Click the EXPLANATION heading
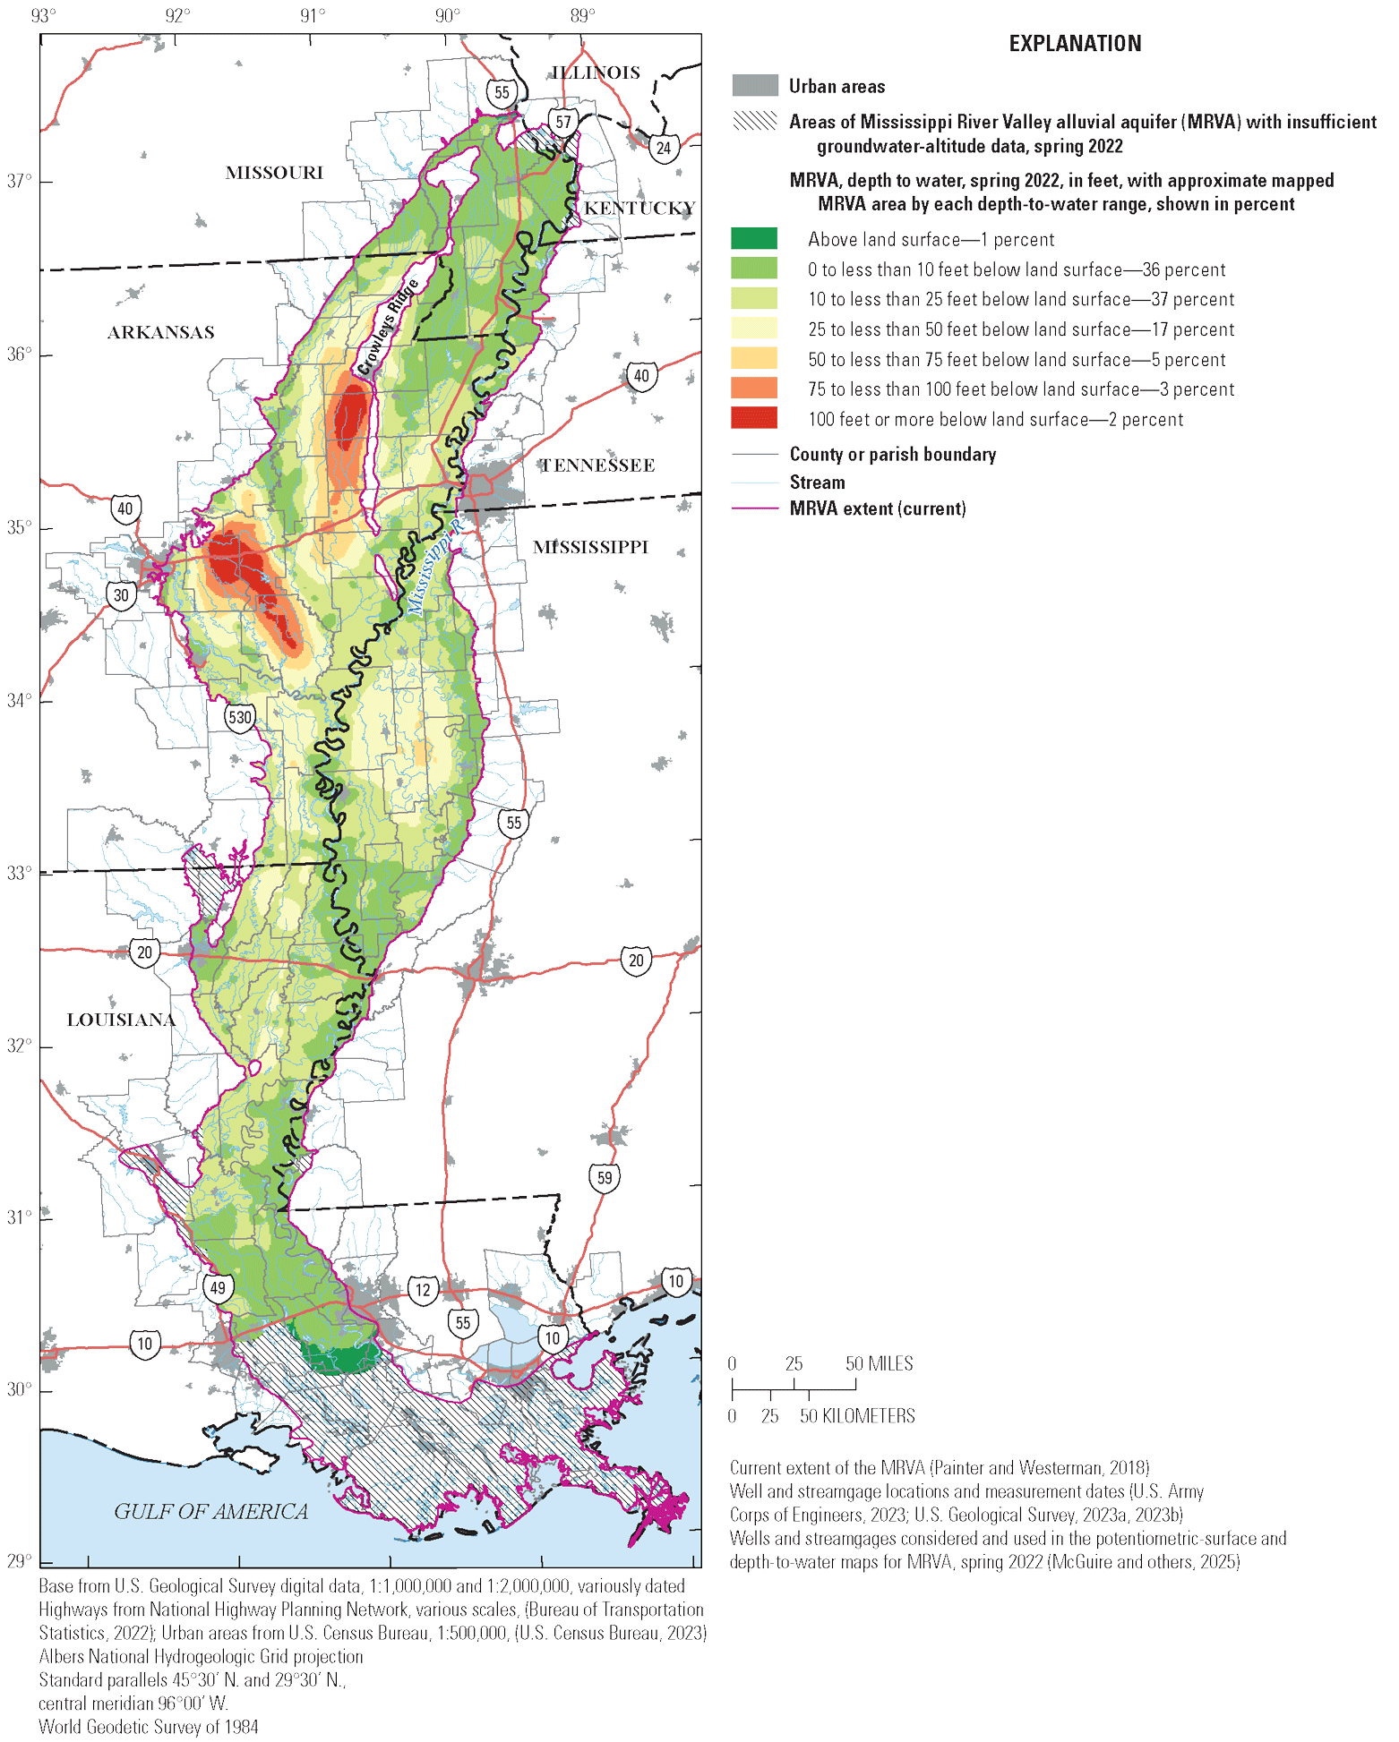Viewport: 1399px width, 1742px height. (1075, 44)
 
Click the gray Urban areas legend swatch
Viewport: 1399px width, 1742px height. (754, 86)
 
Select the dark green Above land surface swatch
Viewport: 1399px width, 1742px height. (754, 239)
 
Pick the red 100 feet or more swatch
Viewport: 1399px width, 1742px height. (754, 419)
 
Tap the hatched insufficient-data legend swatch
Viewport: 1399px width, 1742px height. (754, 122)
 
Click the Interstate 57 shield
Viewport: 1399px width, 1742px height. (562, 122)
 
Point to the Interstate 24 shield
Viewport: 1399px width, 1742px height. (663, 148)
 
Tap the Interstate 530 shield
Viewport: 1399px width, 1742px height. (239, 717)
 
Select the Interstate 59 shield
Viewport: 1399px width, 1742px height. (605, 1177)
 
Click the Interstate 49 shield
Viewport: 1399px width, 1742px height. (218, 1288)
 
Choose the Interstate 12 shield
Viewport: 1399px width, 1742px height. (423, 1290)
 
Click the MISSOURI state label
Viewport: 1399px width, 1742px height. (274, 173)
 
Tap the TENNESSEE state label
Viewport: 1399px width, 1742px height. (597, 465)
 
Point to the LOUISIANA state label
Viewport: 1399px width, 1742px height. (121, 1020)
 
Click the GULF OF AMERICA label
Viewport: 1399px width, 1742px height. (210, 1512)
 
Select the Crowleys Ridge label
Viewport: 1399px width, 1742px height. (388, 327)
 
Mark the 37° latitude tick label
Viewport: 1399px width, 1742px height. (19, 182)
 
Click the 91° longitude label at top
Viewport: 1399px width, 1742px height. (313, 16)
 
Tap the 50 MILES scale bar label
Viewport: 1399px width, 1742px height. (879, 1363)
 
